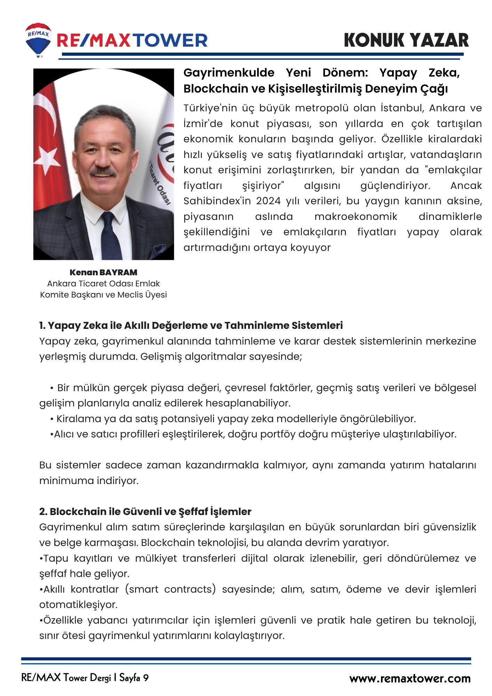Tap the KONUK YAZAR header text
(406, 40)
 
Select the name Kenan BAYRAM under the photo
(103, 272)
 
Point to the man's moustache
(103, 172)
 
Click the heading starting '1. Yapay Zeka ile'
(191, 325)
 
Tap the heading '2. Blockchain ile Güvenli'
(145, 511)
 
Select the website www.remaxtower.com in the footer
(410, 678)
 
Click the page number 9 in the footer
(146, 678)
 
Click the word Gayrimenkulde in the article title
(229, 73)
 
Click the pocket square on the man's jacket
(159, 251)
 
